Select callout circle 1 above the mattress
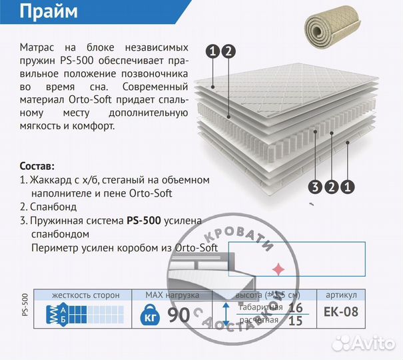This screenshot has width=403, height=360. tap(212, 51)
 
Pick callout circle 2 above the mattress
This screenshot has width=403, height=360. tap(228, 51)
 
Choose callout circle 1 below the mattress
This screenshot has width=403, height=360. tap(347, 187)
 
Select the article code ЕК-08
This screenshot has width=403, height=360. tap(342, 312)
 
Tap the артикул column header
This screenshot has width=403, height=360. tap(342, 295)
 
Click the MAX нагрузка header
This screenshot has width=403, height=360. tap(173, 295)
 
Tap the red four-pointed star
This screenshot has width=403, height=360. tap(276, 269)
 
